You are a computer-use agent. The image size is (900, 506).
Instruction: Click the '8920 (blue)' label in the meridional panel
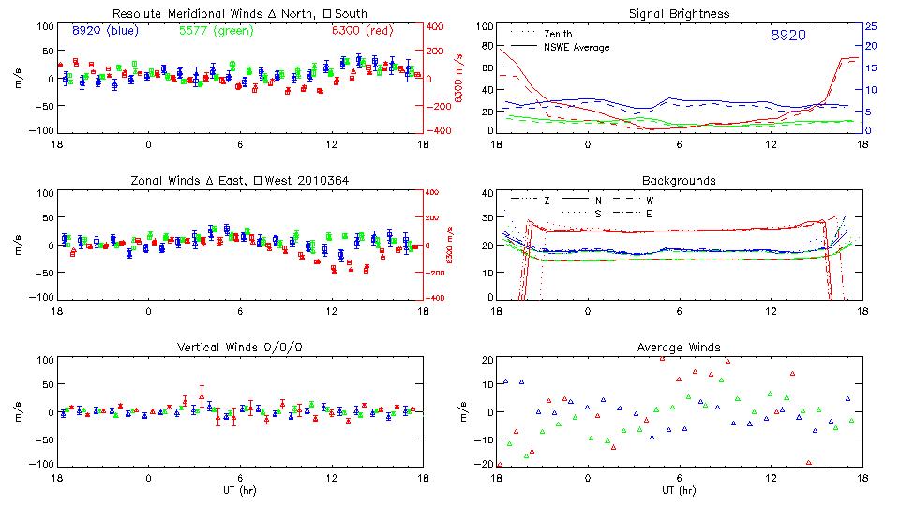click(x=105, y=31)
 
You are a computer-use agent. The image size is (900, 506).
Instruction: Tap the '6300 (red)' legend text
click(x=362, y=31)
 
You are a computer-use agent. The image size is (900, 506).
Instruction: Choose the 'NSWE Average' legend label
click(x=577, y=47)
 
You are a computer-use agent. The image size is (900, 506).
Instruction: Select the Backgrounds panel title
click(x=679, y=180)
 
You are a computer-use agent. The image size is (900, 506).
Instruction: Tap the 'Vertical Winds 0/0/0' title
click(x=239, y=348)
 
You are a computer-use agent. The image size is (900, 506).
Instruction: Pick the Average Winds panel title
click(x=679, y=348)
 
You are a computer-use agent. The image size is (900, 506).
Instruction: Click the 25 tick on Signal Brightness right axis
click(x=871, y=26)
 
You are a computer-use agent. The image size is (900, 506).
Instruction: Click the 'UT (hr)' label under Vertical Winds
click(x=239, y=490)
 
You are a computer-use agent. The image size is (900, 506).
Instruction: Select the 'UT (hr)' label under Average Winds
click(x=679, y=490)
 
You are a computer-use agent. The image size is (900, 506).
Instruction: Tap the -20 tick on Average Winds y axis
click(x=485, y=464)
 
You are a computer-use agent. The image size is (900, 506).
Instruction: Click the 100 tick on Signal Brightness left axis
click(x=484, y=26)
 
